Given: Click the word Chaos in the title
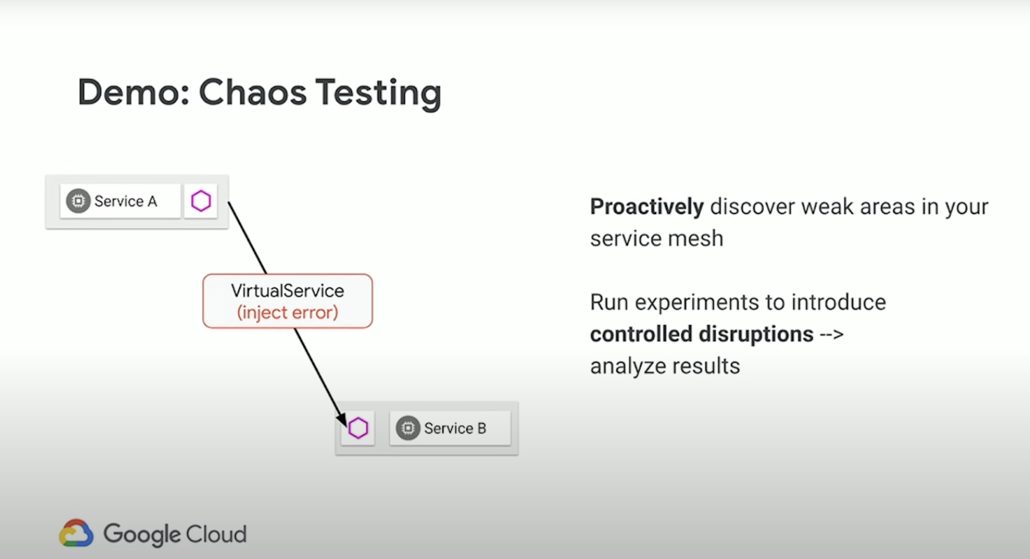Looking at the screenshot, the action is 252,93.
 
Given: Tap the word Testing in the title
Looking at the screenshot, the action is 379,94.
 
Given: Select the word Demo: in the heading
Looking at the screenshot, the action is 134,93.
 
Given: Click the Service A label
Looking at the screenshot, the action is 126,202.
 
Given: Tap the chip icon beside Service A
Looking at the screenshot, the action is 78,201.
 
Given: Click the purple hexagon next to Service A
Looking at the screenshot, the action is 201,201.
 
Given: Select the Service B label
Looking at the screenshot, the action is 455,429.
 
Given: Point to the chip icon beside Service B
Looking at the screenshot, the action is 408,429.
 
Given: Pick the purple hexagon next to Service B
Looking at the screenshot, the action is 358,429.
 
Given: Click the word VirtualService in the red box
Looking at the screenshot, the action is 287,291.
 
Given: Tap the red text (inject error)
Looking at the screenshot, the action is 287,313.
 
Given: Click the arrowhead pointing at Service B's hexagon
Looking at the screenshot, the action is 342,419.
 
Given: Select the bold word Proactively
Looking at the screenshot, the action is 647,207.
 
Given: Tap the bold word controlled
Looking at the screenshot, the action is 641,334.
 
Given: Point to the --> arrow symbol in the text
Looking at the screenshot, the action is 832,335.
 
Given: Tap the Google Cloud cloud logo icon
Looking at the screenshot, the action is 76,533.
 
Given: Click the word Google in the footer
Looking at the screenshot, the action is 142,535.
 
